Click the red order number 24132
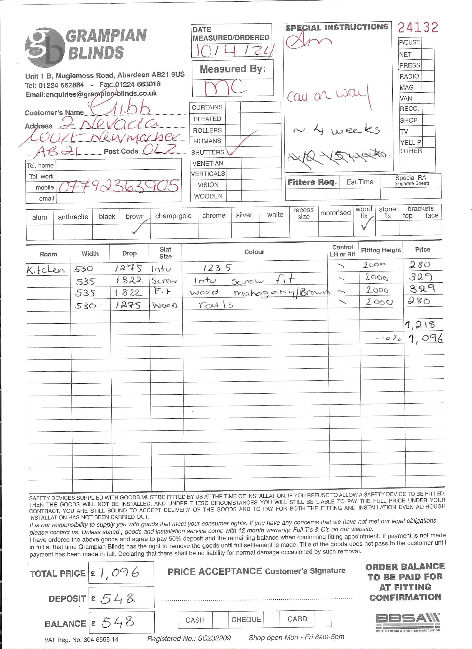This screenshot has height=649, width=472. [418, 27]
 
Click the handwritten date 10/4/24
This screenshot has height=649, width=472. [233, 51]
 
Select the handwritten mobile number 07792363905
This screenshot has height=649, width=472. [119, 186]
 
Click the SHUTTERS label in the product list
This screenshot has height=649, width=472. [207, 152]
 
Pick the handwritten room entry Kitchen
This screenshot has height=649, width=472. [46, 270]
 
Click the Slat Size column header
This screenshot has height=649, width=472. [165, 253]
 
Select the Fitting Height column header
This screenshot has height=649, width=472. [381, 250]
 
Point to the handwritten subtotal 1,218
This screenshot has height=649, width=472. [420, 324]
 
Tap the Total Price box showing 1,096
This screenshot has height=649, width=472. [121, 572]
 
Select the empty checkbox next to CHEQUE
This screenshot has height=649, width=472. [271, 619]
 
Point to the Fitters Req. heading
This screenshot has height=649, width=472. [312, 182]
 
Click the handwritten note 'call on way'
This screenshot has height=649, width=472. [328, 95]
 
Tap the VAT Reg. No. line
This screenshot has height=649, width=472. [81, 640]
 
